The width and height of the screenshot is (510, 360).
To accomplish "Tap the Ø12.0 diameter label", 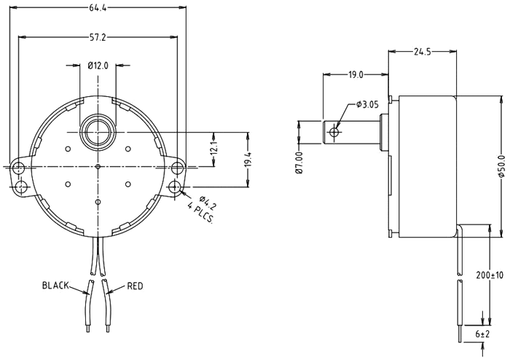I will pos(98,65).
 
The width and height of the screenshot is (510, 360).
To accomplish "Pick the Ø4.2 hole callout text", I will pos(206,198).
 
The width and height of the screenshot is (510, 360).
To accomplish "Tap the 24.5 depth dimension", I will pos(422,51).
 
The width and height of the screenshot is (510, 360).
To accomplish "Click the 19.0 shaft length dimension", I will pos(356,74).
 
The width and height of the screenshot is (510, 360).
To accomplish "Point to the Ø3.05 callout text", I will pos(369,106).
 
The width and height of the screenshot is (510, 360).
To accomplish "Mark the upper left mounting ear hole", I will pos(19,167).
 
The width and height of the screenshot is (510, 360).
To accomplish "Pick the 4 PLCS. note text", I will pos(200,214).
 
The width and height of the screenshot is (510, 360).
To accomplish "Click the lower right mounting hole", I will pos(176,188).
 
